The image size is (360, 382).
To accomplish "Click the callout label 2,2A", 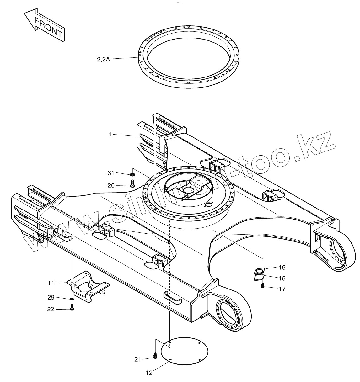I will (x=103, y=59).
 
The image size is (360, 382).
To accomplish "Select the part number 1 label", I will (x=110, y=134).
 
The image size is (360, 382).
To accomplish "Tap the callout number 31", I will (x=111, y=173).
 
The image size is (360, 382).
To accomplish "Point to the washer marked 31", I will (x=132, y=174).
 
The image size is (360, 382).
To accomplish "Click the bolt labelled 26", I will (x=132, y=184).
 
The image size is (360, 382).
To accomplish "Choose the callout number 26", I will (x=111, y=185).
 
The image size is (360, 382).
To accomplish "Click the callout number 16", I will (x=282, y=267).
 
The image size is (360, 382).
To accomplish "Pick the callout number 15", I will (x=282, y=278).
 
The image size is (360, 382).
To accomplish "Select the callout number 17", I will (x=282, y=289).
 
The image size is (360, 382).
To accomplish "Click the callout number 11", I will (x=51, y=283).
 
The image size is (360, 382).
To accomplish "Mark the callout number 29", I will (x=51, y=297).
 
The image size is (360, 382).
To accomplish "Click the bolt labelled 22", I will (x=72, y=309).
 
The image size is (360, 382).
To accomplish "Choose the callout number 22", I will (x=51, y=309).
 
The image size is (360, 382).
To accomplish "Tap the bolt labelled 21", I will (x=155, y=355).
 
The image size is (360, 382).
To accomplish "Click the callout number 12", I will (x=149, y=373).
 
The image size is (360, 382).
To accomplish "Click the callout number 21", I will (x=138, y=359).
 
